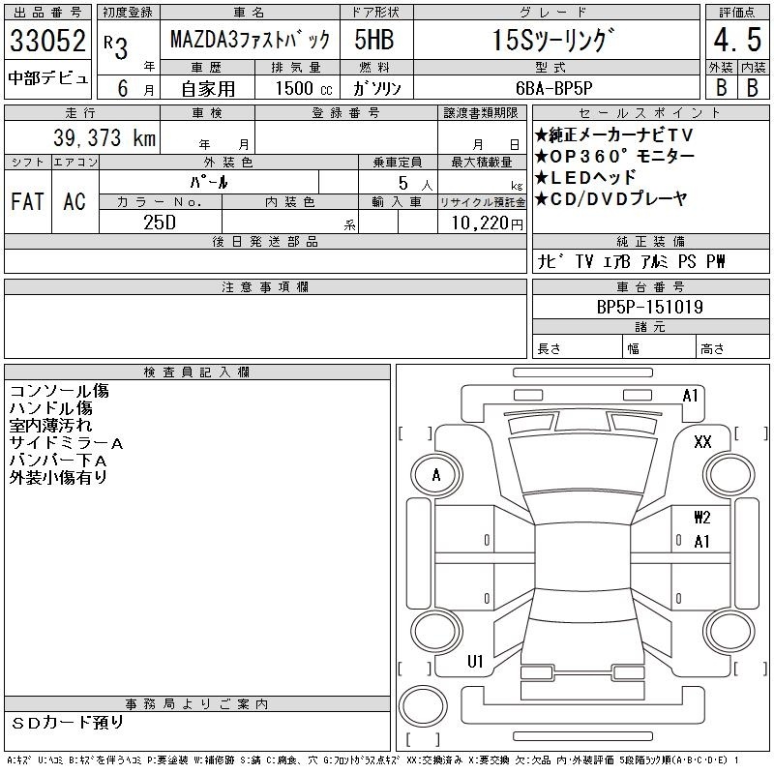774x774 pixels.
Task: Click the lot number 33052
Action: (x=47, y=41)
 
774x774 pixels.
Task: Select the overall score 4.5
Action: (x=737, y=40)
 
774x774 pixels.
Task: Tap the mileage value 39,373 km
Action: (x=104, y=137)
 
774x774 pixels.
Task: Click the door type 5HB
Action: (x=374, y=40)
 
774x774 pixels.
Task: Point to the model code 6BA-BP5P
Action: (x=553, y=88)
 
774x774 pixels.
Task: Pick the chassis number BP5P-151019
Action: (x=650, y=307)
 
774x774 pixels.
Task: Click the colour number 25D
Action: (x=160, y=223)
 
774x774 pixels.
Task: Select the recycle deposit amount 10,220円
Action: (x=487, y=223)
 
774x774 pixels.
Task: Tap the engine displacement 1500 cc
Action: (x=304, y=88)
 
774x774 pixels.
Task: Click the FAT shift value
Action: (x=27, y=201)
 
